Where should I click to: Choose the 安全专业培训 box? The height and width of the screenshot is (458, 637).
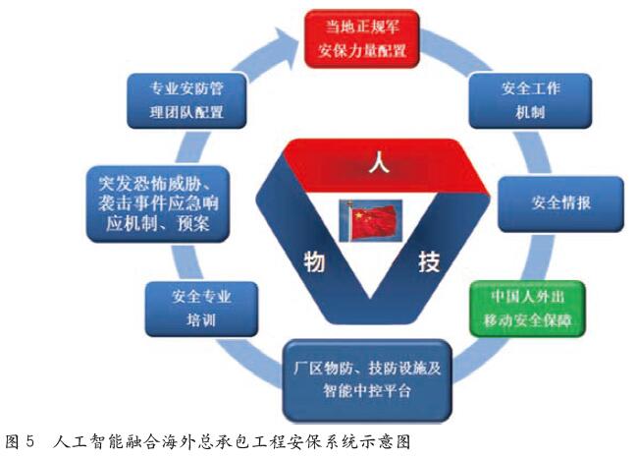[201, 309]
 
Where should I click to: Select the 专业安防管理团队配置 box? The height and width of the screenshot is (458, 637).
[187, 100]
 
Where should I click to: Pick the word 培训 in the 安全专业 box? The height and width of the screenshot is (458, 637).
[200, 320]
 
